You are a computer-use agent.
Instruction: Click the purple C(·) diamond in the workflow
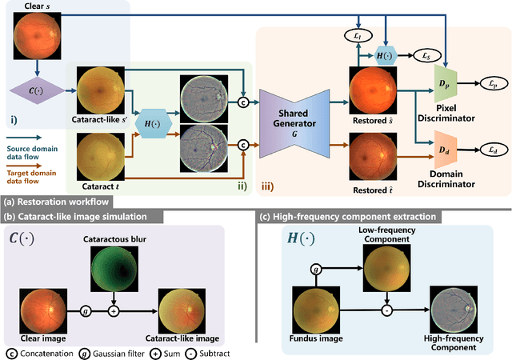[x=33, y=89]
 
